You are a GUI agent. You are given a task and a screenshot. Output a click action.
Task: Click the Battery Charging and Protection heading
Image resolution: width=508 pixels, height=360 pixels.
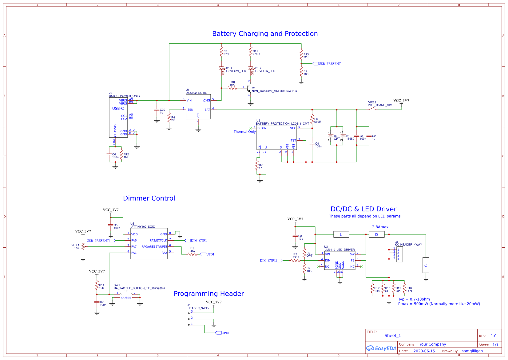(x=265, y=34)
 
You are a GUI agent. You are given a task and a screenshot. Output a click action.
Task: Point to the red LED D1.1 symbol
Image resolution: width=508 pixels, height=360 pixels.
(x=221, y=68)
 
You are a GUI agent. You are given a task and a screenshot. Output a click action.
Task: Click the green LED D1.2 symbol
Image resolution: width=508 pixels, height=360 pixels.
(x=251, y=68)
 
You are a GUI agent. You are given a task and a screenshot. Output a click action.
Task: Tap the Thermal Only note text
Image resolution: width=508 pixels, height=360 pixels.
(x=244, y=132)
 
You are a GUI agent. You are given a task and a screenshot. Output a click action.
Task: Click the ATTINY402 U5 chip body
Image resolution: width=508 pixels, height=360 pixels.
(x=149, y=243)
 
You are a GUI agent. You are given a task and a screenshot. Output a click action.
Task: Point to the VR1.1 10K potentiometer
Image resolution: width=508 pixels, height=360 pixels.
(x=83, y=246)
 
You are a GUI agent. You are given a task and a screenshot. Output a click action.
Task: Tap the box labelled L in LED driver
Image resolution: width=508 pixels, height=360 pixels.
(x=341, y=234)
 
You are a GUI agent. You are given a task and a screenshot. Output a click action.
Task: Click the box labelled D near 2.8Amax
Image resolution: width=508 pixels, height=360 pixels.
(x=377, y=234)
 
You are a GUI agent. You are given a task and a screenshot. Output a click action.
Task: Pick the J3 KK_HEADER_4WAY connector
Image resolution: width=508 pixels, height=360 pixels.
(x=399, y=254)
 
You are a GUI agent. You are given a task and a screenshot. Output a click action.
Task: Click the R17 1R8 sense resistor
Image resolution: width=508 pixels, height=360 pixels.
(x=372, y=288)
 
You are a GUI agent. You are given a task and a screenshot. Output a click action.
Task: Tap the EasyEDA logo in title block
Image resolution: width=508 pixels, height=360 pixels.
(x=381, y=348)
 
